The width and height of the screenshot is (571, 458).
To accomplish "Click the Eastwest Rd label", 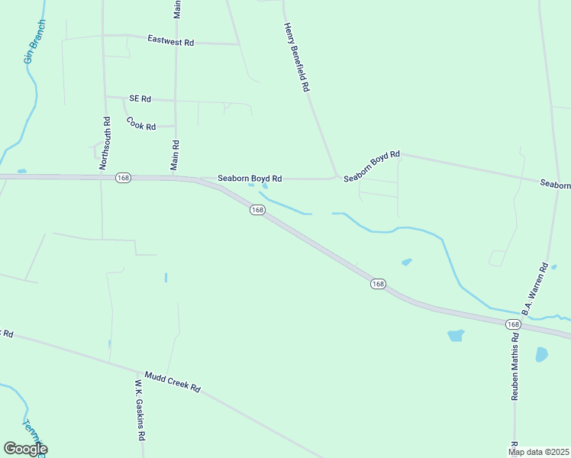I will coord(170,41).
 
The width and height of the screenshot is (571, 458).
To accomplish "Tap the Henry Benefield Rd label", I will coord(296,57).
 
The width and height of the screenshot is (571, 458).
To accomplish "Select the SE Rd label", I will coord(140,98).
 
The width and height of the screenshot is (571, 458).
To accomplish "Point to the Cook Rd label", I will coord(141,123).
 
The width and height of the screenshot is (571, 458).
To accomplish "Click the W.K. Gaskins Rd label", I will coord(140,411).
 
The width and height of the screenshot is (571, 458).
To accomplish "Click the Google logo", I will coord(25,449).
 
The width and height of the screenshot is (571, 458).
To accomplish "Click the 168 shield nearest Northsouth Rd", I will coord(123,177).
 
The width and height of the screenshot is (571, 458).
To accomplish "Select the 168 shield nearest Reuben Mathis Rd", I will coord(512,324).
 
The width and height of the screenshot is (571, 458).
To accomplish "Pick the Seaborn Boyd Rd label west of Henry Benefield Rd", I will coord(250,179).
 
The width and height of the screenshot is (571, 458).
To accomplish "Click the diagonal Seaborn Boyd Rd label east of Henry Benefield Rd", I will coord(372,166).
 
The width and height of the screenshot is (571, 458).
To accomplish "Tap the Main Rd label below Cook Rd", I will coord(175,155).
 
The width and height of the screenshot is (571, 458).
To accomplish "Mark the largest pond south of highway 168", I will coord(456,335).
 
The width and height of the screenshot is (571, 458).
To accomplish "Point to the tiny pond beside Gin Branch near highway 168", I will coord(21,171).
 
